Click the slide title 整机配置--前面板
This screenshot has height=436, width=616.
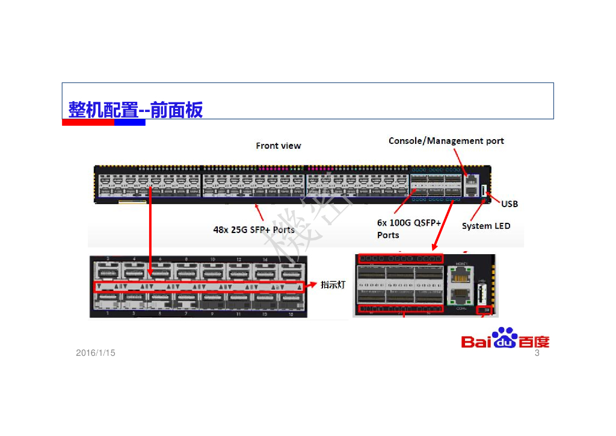135,110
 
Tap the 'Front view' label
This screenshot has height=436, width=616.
278,146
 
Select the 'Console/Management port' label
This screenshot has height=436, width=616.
446,141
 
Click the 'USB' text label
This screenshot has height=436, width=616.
509,204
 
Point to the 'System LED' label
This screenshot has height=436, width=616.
485,226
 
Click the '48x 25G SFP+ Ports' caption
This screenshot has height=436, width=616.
254,229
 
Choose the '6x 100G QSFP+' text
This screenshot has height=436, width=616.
408,223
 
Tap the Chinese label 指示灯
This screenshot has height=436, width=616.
333,285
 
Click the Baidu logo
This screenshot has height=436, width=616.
505,339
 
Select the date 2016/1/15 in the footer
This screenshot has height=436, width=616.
96,353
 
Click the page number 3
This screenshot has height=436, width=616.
537,353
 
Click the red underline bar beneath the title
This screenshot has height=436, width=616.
88,122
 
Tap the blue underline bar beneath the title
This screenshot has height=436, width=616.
130,122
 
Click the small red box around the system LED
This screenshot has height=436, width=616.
484,310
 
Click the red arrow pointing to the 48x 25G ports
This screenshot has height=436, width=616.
260,213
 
